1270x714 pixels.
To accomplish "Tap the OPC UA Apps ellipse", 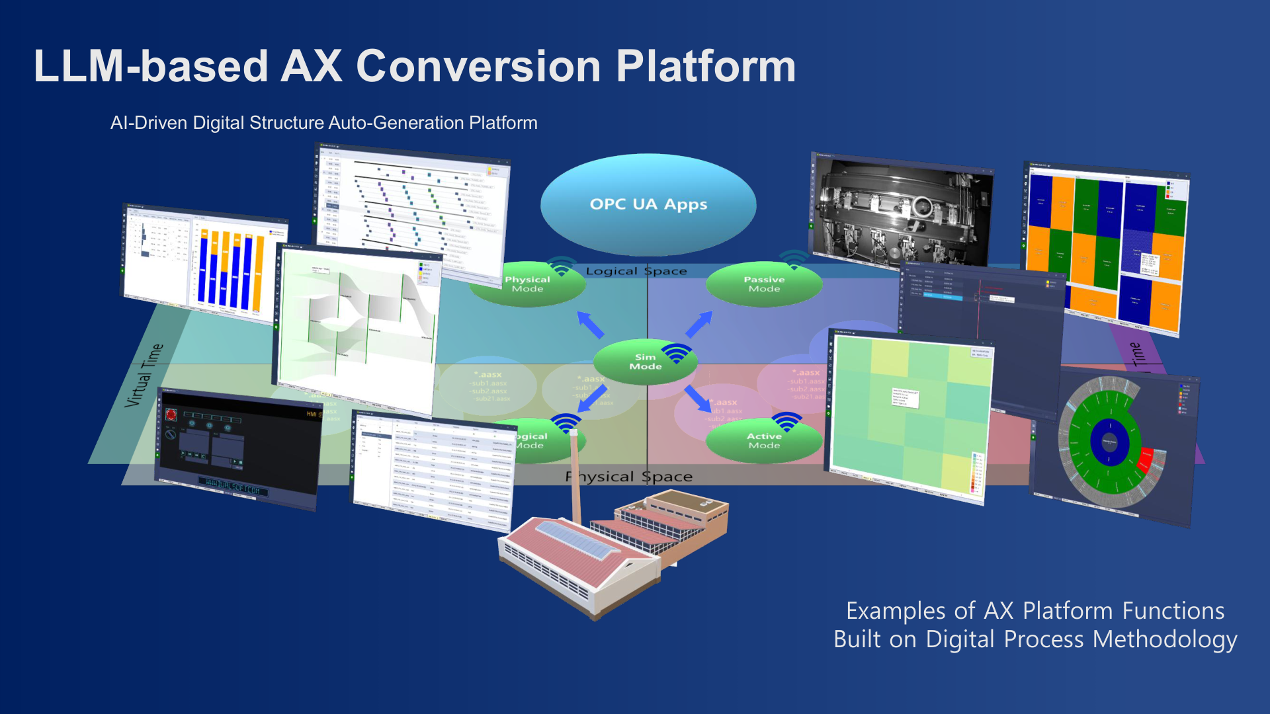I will (648, 204).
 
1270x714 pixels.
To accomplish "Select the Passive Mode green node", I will (764, 284).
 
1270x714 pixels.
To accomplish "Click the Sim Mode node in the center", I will (645, 362).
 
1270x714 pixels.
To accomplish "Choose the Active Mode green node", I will (764, 441).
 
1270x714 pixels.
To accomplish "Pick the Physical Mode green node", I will (527, 285).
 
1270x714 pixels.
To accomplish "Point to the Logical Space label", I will (636, 271).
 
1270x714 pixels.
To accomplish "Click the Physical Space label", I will (628, 477).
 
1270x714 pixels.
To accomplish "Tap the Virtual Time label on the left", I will (144, 375).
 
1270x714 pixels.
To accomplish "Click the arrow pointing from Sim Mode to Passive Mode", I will (698, 324).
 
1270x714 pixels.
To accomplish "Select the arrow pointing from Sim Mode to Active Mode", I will (697, 399).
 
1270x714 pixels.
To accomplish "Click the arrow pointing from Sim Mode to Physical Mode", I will (591, 324).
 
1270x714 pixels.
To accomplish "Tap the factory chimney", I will (575, 476).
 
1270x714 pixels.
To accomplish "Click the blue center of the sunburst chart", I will (1109, 442).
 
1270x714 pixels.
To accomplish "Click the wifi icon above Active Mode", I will (786, 421).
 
